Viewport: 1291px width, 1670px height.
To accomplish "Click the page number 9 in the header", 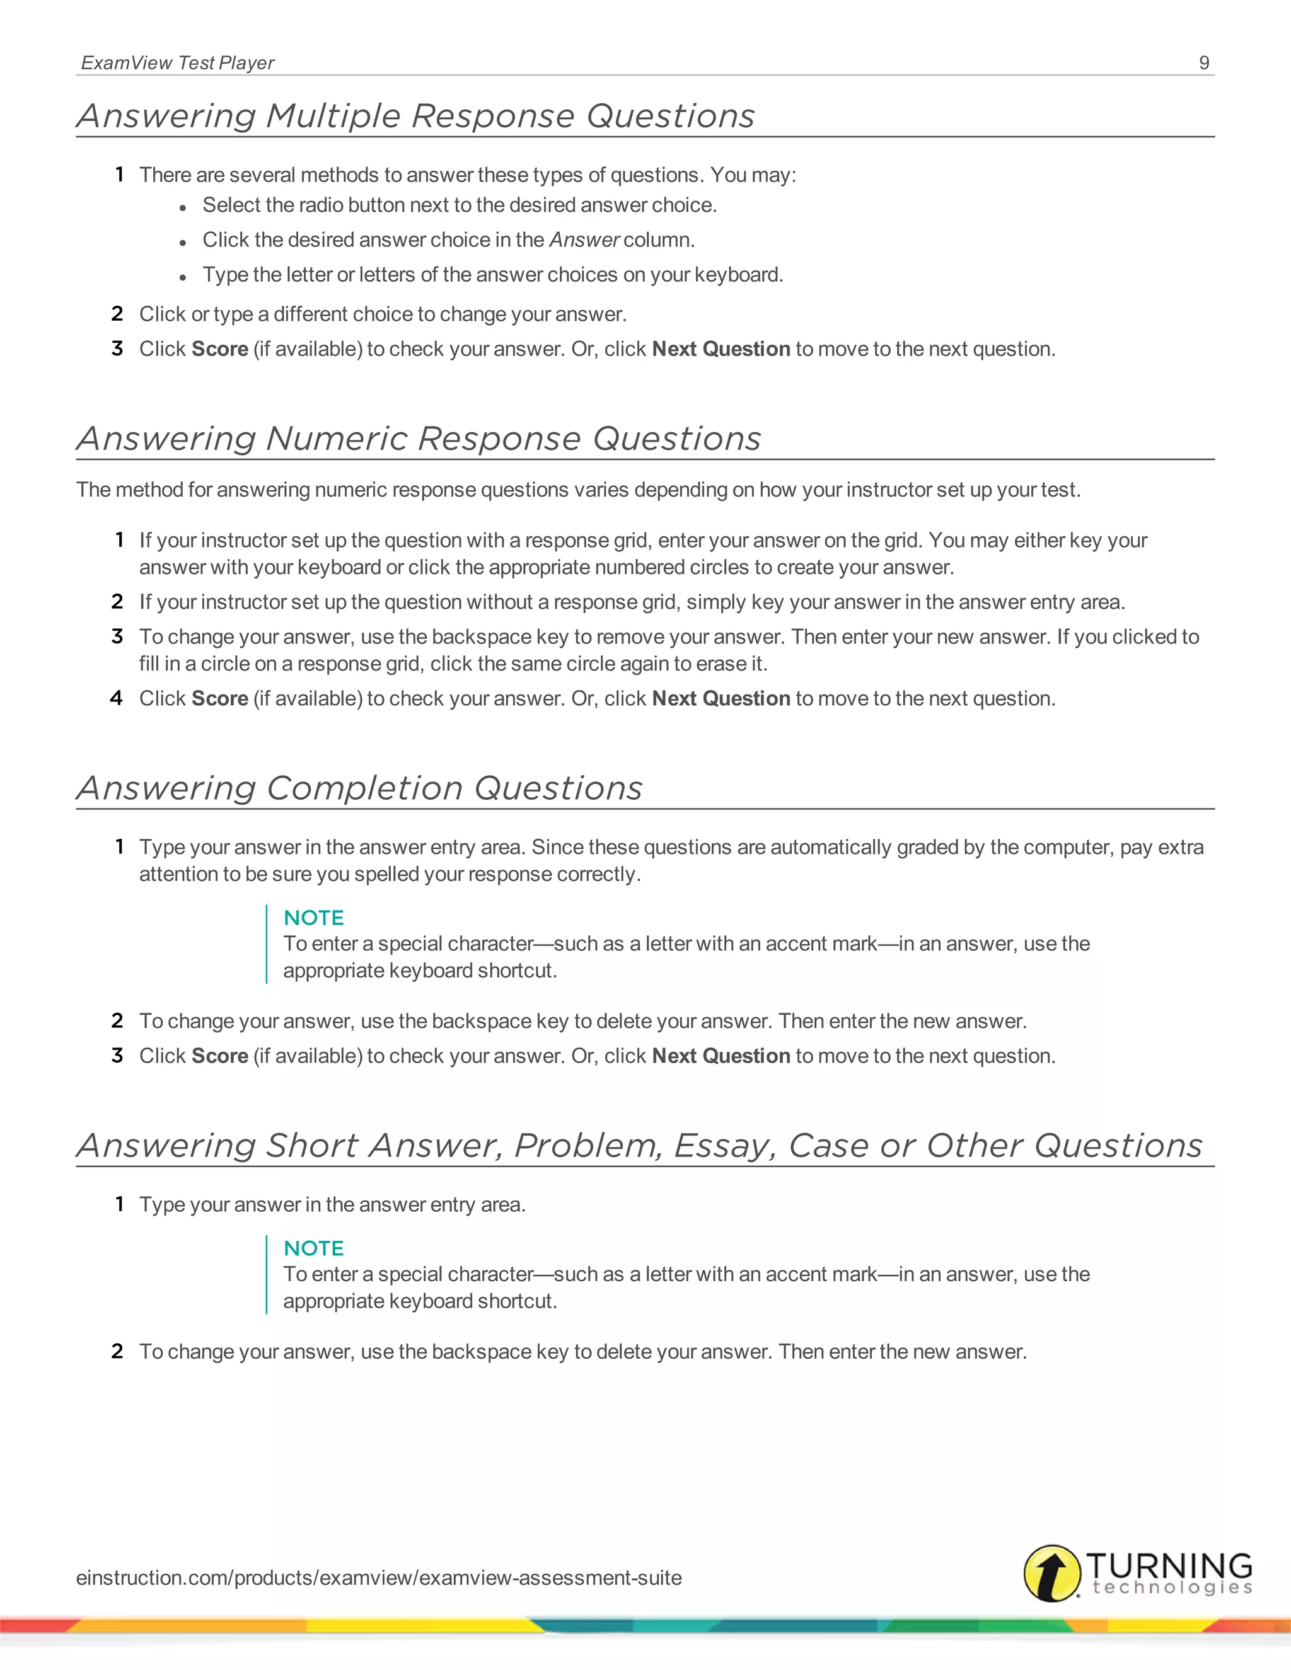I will point(1204,62).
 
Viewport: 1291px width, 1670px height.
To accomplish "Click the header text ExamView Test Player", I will point(177,62).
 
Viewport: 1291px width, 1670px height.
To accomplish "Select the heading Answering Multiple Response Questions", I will point(415,116).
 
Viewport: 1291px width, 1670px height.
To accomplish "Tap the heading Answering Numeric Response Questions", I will point(419,439).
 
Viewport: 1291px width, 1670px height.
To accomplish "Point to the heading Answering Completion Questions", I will point(359,788).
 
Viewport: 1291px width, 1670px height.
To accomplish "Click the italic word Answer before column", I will point(584,240).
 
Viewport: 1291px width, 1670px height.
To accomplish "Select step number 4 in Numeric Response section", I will point(116,698).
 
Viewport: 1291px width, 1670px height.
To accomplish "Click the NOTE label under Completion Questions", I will point(313,918).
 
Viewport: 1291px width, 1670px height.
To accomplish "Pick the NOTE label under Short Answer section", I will point(313,1248).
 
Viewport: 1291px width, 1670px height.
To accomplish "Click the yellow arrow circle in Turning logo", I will point(1052,1573).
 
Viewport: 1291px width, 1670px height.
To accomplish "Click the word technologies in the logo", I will point(1172,1588).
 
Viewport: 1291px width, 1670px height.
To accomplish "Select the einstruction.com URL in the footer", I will point(379,1577).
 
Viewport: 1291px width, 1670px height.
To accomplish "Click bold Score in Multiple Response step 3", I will point(219,350).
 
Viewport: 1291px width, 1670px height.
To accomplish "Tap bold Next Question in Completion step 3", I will point(721,1056).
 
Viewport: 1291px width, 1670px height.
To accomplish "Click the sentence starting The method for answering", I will point(577,490).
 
